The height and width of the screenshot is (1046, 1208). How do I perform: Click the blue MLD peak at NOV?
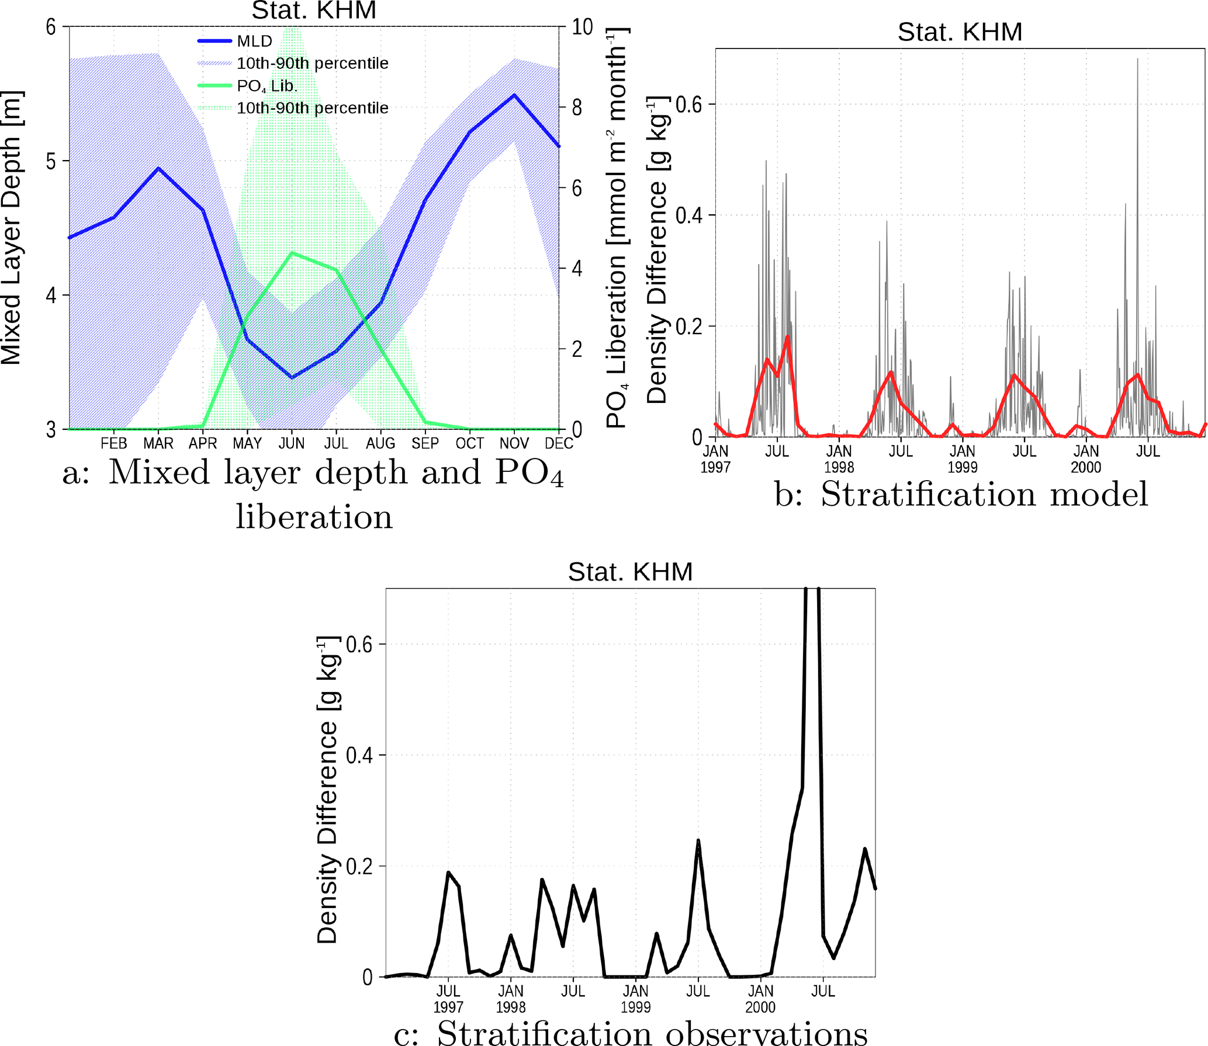click(x=514, y=95)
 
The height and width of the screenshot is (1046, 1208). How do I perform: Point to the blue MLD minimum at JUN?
click(x=292, y=377)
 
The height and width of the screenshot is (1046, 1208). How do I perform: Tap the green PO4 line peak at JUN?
click(x=292, y=253)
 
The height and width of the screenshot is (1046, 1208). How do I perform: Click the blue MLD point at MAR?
click(x=158, y=168)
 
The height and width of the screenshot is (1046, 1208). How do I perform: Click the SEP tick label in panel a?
click(x=425, y=443)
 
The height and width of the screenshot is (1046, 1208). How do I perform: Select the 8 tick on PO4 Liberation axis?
click(x=577, y=107)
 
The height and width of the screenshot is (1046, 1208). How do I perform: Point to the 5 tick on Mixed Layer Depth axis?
click(x=51, y=161)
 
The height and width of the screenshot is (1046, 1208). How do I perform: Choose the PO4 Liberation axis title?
click(x=617, y=228)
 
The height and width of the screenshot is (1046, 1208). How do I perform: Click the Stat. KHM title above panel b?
click(x=960, y=32)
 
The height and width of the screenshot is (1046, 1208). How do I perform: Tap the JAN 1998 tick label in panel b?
click(x=839, y=458)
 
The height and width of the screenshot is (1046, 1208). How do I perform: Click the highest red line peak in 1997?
click(x=788, y=336)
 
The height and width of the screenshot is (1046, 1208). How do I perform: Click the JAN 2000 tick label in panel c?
click(x=760, y=999)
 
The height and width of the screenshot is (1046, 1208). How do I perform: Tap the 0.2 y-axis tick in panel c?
click(x=359, y=866)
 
